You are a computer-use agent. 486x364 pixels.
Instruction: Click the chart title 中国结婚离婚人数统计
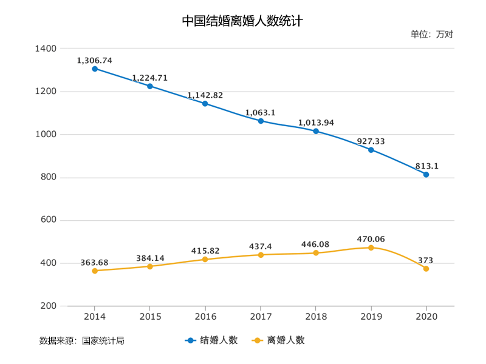tap(242, 21)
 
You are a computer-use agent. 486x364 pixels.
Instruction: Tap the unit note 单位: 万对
tap(431, 34)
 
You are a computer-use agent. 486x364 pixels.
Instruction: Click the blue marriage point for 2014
tap(95, 69)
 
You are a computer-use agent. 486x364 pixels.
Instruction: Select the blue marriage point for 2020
tap(426, 175)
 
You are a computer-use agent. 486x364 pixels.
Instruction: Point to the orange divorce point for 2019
tap(371, 248)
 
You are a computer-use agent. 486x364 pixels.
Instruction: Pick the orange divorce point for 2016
tap(205, 259)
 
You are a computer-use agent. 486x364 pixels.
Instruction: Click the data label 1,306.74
tap(95, 61)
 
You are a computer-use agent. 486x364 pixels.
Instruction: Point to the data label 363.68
tap(94, 262)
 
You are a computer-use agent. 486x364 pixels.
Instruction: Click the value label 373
tap(426, 260)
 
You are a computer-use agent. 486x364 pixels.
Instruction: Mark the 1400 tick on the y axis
tap(47, 49)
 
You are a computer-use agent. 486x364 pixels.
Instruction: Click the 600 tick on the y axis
tap(49, 220)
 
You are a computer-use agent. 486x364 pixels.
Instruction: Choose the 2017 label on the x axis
tap(261, 317)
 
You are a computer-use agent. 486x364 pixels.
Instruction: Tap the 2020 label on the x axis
tap(426, 317)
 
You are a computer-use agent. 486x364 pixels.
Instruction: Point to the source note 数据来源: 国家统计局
tap(82, 340)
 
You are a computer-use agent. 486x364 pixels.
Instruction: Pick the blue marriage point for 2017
tap(261, 121)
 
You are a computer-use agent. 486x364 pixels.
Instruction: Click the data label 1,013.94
tap(316, 123)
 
